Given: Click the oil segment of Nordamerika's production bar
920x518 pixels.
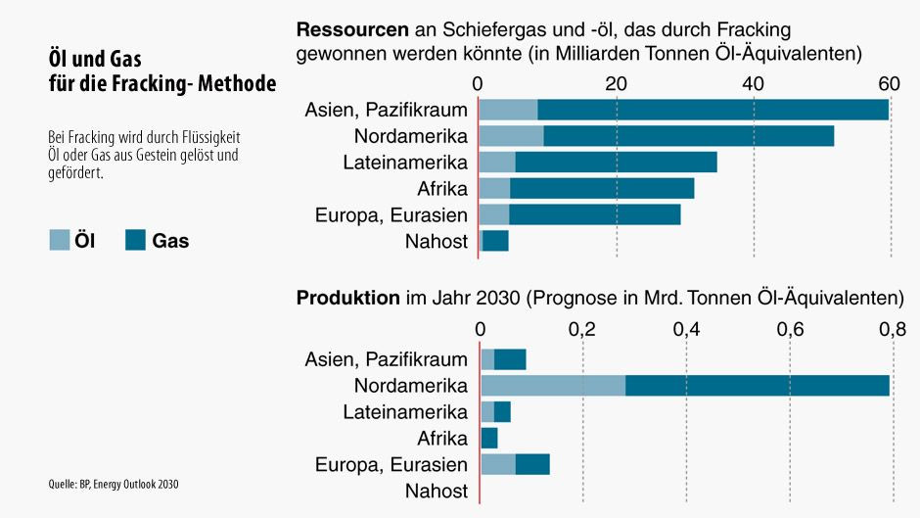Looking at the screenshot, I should pyautogui.click(x=553, y=385).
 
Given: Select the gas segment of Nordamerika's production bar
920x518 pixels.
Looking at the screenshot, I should pyautogui.click(x=757, y=385).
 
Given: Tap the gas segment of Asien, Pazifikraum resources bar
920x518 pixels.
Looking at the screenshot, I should pyautogui.click(x=713, y=110).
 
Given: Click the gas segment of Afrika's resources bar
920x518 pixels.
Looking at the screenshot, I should pyautogui.click(x=601, y=188).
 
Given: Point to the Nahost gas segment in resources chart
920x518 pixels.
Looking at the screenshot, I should pyautogui.click(x=495, y=240).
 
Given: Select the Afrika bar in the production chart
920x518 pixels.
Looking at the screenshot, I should pyautogui.click(x=489, y=438).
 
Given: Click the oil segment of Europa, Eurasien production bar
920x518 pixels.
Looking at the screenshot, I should pyautogui.click(x=498, y=464).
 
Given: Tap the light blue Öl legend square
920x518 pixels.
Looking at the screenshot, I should pyautogui.click(x=59, y=240).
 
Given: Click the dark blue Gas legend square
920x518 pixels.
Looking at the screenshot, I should pyautogui.click(x=135, y=240).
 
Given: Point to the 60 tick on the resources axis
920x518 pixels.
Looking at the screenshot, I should pyautogui.click(x=889, y=83).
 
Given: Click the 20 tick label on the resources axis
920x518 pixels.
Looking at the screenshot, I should pyautogui.click(x=616, y=83).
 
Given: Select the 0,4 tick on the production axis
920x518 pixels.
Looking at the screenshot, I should pyautogui.click(x=686, y=330).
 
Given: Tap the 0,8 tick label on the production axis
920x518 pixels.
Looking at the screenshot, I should pyautogui.click(x=893, y=330).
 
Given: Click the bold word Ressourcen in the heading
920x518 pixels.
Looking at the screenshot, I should pyautogui.click(x=352, y=29).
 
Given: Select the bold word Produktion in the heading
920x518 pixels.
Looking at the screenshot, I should pyautogui.click(x=347, y=297).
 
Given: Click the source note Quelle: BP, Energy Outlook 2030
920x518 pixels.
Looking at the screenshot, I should pyautogui.click(x=114, y=484).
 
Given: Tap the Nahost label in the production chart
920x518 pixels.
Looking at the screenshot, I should pyautogui.click(x=437, y=491).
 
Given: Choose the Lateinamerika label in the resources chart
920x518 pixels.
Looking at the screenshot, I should pyautogui.click(x=405, y=162).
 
